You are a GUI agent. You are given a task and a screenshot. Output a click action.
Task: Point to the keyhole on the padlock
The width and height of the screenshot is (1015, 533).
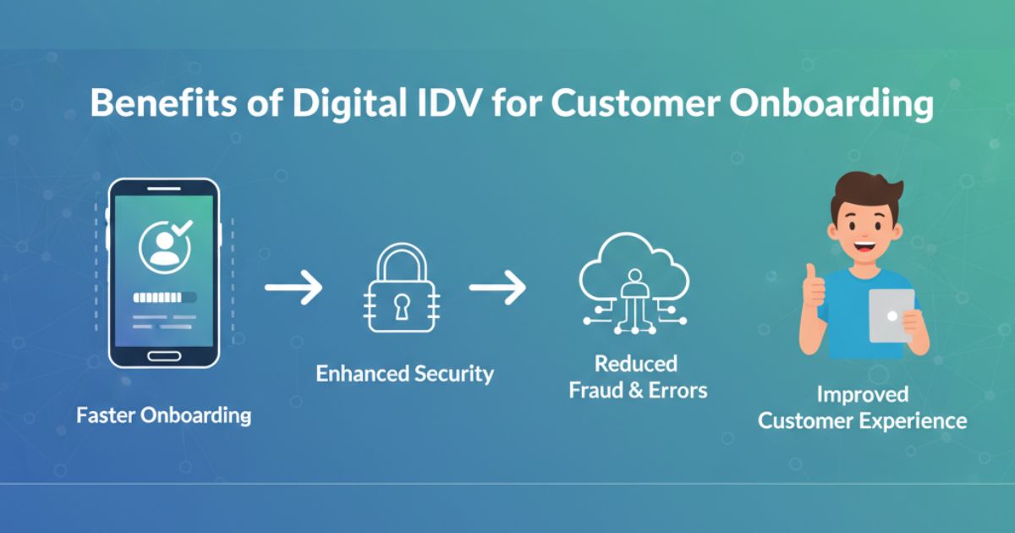(396, 304)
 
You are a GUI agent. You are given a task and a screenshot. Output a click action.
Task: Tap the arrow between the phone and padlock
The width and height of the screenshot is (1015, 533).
(294, 288)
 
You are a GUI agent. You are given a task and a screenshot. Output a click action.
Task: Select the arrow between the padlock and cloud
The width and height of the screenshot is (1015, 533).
(497, 288)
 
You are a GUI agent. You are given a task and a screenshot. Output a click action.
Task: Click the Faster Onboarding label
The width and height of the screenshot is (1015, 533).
(164, 415)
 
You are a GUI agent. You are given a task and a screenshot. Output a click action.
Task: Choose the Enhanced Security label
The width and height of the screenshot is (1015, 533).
(405, 373)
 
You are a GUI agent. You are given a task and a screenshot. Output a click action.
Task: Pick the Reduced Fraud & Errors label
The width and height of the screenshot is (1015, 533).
(637, 377)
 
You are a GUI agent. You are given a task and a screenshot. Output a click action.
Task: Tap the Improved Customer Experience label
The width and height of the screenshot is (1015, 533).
(862, 407)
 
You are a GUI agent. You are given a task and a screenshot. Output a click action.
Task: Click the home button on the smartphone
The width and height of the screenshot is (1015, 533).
(164, 355)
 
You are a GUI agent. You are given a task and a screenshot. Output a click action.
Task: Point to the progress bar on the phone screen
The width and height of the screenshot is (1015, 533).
(166, 297)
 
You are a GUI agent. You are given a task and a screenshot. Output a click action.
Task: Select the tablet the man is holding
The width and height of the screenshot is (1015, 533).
(892, 315)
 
